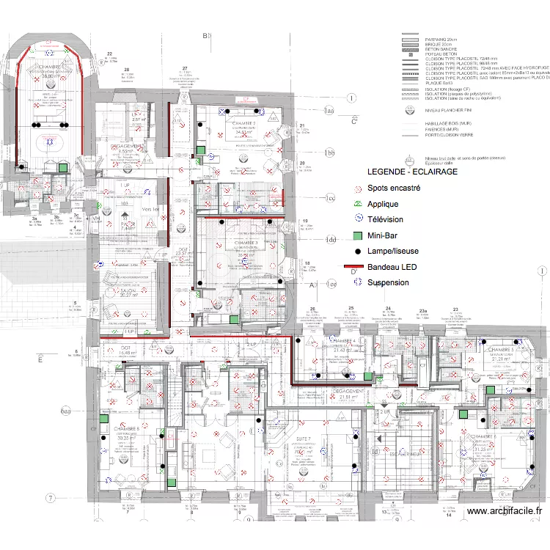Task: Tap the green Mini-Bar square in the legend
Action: click(357, 236)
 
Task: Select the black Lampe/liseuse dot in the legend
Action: click(357, 252)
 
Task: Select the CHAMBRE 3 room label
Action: click(248, 242)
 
